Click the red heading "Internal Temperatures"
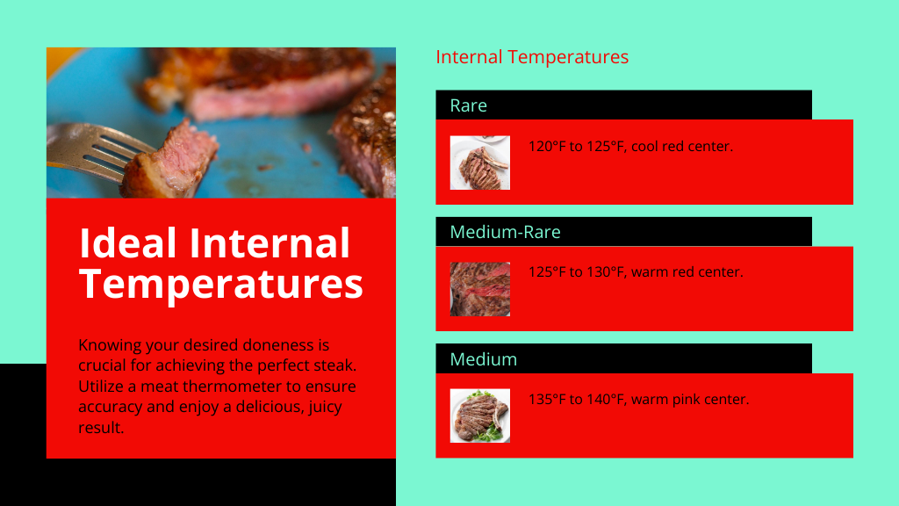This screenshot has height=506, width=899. coord(532,57)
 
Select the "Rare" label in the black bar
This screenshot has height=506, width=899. coord(469,105)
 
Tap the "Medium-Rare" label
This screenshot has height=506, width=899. coord(505,232)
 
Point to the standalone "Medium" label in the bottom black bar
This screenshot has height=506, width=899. coord(484,359)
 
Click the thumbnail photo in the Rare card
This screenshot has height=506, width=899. coord(480,163)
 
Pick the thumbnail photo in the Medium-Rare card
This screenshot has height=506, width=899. coord(480,289)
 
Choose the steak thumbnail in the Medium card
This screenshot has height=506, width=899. coord(480,416)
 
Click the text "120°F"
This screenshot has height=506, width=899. coord(547,147)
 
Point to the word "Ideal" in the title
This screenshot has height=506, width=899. coord(128,243)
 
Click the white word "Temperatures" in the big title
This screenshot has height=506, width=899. coord(221,284)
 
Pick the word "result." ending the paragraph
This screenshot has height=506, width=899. coord(101,428)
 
